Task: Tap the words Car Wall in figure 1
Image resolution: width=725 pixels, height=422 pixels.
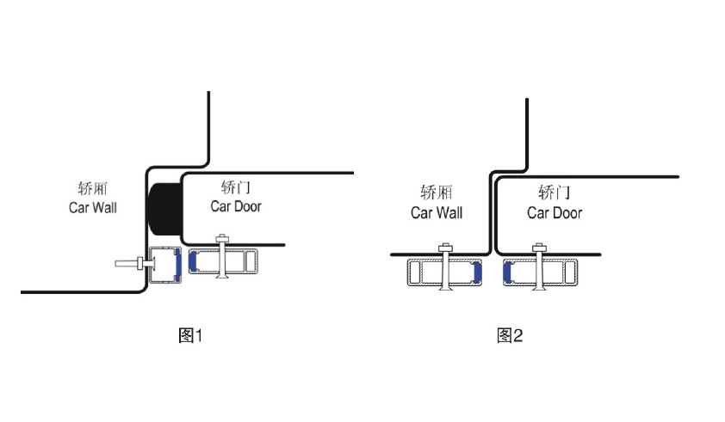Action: point(92,207)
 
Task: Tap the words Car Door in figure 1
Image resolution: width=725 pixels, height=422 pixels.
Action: point(236,206)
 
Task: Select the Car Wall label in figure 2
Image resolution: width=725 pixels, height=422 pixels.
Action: point(436,213)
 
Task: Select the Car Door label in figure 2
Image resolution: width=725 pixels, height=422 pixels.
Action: point(555,213)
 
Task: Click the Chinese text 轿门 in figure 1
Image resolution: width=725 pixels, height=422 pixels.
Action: point(236,187)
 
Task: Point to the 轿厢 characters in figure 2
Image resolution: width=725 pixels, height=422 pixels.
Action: point(436,193)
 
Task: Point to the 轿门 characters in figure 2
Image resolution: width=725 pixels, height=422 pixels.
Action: point(555,193)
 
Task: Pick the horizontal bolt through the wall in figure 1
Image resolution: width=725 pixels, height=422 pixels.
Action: point(129,265)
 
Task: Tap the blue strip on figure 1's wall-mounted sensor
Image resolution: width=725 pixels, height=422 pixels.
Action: point(176,266)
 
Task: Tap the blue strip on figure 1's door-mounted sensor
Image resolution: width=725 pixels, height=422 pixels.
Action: point(193,261)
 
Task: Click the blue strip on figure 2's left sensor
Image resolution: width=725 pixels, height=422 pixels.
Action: point(478,272)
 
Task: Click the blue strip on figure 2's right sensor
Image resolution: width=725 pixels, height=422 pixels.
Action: point(507,272)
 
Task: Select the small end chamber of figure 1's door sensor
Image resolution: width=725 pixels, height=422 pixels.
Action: point(249,261)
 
